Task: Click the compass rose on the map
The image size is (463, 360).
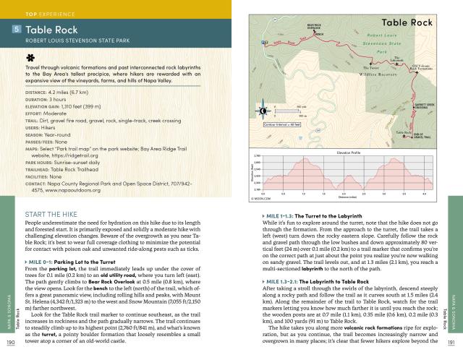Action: click(263, 111)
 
